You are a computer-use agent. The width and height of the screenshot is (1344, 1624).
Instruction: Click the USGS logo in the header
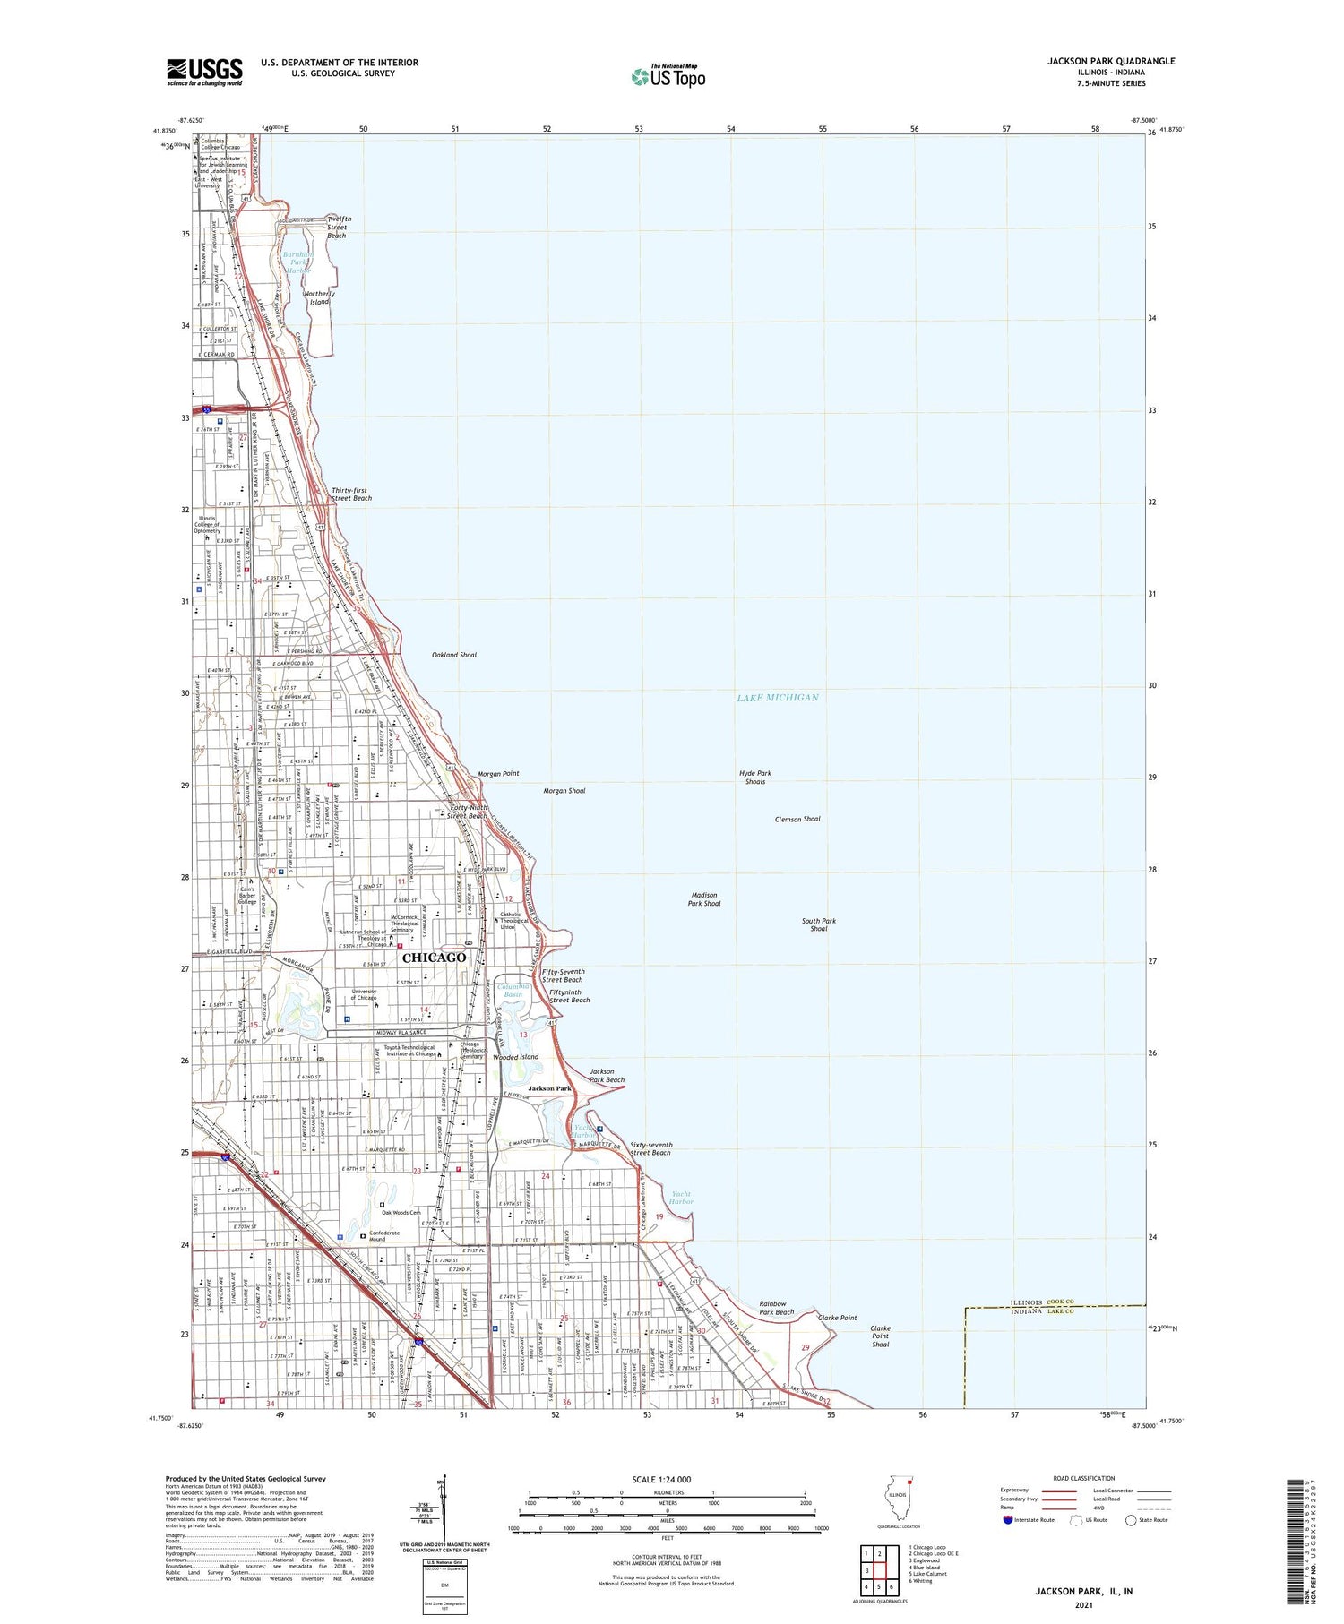[204, 72]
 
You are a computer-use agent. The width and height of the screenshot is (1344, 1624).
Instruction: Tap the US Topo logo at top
[668, 77]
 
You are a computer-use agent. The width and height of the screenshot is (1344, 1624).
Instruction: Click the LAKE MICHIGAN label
[777, 697]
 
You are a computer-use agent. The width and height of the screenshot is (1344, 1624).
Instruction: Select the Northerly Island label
[319, 297]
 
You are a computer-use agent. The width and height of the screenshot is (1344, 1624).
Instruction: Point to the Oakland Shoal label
[454, 655]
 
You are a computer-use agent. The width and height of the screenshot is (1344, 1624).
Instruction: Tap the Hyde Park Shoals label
[755, 777]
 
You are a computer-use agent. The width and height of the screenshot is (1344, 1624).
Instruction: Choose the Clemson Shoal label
[797, 819]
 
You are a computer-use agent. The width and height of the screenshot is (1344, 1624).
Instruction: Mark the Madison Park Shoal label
[705, 898]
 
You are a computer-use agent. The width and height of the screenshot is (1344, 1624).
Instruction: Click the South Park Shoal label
[819, 924]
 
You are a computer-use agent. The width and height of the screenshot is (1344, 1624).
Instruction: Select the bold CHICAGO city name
[435, 958]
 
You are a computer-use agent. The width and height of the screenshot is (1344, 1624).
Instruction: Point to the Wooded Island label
[516, 1057]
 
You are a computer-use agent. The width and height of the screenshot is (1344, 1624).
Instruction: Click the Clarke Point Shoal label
[881, 1336]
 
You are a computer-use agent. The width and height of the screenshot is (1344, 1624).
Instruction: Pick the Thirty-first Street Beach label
[351, 494]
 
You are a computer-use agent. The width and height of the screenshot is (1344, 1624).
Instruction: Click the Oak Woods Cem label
[401, 1213]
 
